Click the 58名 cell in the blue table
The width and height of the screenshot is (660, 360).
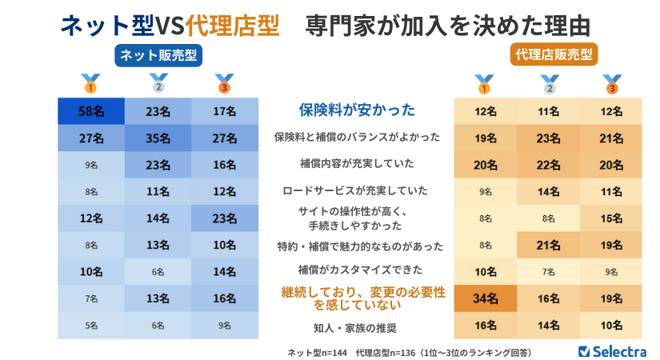tap(90, 111)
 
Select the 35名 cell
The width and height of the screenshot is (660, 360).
tap(158, 138)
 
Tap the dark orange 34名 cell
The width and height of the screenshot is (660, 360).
tap(484, 299)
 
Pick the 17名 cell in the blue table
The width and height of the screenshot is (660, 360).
tap(225, 111)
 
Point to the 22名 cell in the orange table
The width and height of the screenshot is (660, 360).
tap(548, 164)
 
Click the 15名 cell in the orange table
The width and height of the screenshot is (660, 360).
tap(611, 218)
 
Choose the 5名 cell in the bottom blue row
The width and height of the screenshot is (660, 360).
tap(90, 326)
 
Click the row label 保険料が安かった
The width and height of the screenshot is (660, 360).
tap(357, 110)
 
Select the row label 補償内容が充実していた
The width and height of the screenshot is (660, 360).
tap(357, 164)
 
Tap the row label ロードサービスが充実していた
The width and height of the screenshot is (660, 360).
tap(357, 191)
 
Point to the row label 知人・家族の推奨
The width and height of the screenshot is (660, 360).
tap(357, 326)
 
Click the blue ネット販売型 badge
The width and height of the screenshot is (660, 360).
tap(158, 54)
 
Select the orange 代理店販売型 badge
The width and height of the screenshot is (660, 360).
tap(551, 54)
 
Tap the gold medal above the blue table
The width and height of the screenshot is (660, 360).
tap(90, 83)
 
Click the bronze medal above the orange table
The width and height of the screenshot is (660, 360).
tap(612, 83)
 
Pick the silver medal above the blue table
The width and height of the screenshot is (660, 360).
tap(158, 83)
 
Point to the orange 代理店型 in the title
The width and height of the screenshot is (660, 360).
tap(232, 25)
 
